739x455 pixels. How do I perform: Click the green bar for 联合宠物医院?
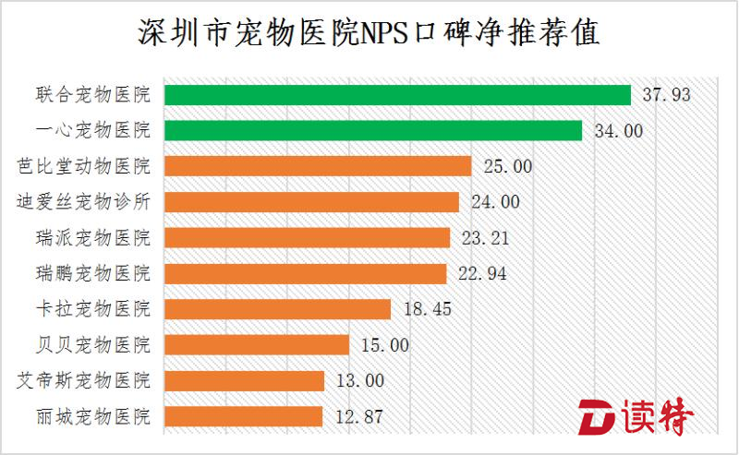click(397, 95)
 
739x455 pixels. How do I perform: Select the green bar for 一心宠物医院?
click(372, 130)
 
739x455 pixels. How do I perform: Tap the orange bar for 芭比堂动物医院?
click(318, 166)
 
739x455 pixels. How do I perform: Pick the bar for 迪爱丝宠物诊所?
click(311, 202)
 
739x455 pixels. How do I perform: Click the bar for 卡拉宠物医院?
click(277, 309)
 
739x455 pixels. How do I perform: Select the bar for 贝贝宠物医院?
click(256, 344)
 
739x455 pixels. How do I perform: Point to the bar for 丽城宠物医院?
click(243, 416)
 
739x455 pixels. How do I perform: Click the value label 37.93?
click(665, 95)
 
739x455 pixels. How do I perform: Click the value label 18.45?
click(426, 309)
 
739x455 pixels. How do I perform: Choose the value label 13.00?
click(359, 380)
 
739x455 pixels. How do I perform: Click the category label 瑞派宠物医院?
click(91, 238)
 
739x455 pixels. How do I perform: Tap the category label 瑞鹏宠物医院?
click(91, 273)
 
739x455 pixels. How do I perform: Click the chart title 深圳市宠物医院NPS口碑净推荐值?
click(369, 34)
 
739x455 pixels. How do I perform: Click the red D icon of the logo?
click(594, 418)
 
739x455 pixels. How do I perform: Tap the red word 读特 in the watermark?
click(657, 418)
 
